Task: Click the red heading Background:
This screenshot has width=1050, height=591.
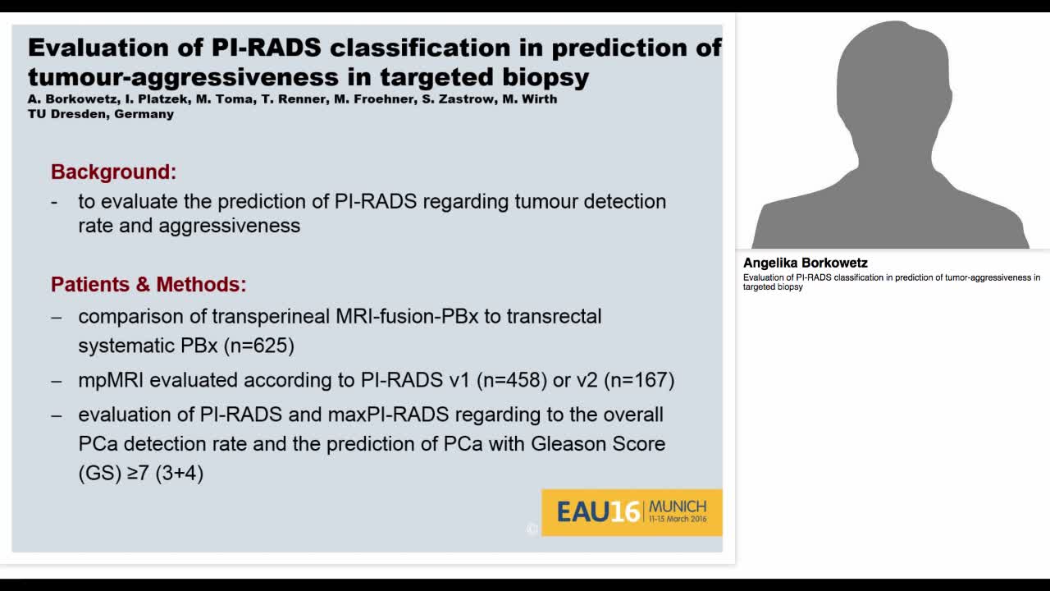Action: [113, 172]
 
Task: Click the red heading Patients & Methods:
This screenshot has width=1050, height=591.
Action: [148, 284]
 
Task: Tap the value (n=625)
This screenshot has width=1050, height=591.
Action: [259, 346]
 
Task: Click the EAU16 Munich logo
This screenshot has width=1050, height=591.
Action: [632, 512]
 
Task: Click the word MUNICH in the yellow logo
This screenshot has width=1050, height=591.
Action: [677, 506]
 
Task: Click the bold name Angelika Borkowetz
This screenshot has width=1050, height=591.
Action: [805, 263]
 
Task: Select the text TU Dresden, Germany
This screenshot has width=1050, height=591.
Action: [100, 114]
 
